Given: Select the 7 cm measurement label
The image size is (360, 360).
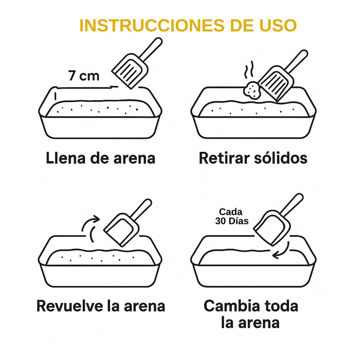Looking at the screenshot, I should (x=84, y=76).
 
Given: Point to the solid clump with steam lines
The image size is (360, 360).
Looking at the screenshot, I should (x=253, y=91).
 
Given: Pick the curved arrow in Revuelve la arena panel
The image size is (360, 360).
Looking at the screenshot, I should (x=91, y=228).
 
